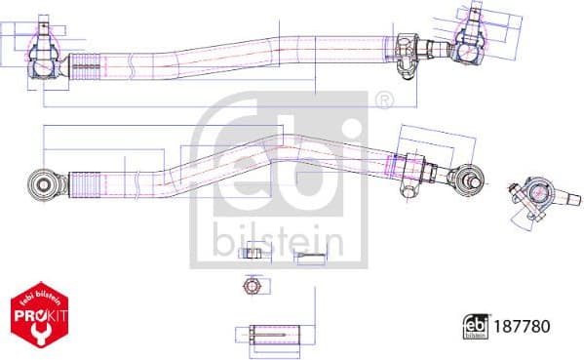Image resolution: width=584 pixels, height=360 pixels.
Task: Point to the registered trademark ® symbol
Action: coord(383,100)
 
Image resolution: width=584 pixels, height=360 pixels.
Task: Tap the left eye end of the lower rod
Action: coord(43,182)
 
